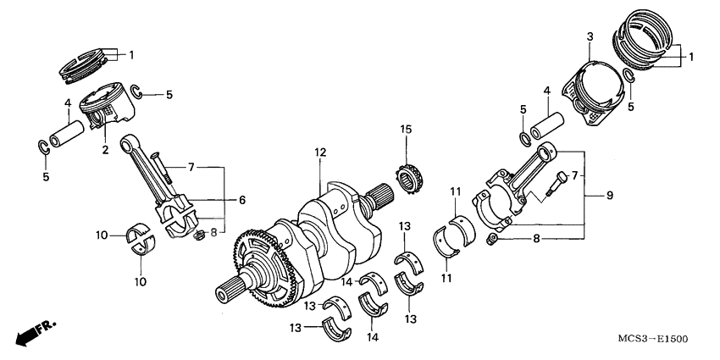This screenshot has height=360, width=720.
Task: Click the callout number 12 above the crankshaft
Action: click(x=320, y=152)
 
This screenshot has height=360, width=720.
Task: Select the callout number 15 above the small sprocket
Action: click(x=407, y=129)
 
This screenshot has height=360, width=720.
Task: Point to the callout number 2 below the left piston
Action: click(x=106, y=150)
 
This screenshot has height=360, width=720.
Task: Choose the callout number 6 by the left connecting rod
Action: click(x=241, y=200)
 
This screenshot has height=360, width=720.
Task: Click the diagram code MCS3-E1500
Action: click(x=655, y=338)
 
